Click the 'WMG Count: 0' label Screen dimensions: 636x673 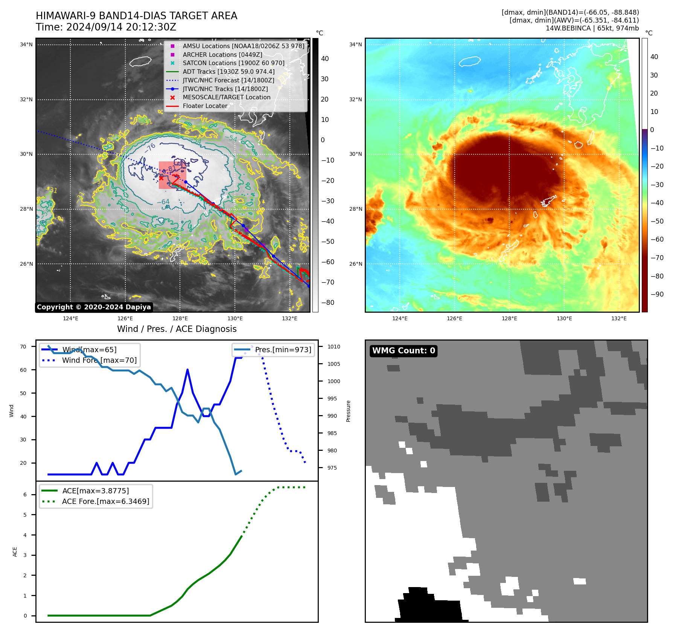[403, 351]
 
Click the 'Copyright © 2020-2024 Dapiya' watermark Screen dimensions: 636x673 [94, 307]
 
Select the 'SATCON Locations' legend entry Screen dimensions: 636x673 [233, 63]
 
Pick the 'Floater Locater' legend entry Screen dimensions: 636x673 [205, 106]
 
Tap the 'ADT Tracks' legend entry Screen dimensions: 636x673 [228, 72]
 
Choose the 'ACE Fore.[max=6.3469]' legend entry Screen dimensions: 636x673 [105, 501]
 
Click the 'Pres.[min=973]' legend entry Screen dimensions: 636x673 [283, 350]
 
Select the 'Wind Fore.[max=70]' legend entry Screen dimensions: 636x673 [99, 361]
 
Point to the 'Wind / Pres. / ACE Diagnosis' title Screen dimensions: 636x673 [177, 329]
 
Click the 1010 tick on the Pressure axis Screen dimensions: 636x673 [333, 347]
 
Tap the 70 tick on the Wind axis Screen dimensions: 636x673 [23, 347]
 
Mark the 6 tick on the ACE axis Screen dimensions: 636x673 [25, 494]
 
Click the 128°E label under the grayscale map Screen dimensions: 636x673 [180, 318]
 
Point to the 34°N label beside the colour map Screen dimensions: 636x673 [355, 44]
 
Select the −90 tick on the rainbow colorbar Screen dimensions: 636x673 [657, 294]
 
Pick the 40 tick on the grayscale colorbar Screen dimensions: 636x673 [325, 59]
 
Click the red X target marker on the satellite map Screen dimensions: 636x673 [161, 178]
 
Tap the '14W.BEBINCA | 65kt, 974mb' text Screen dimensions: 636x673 [592, 28]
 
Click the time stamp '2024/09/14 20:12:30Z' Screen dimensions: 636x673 [121, 27]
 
